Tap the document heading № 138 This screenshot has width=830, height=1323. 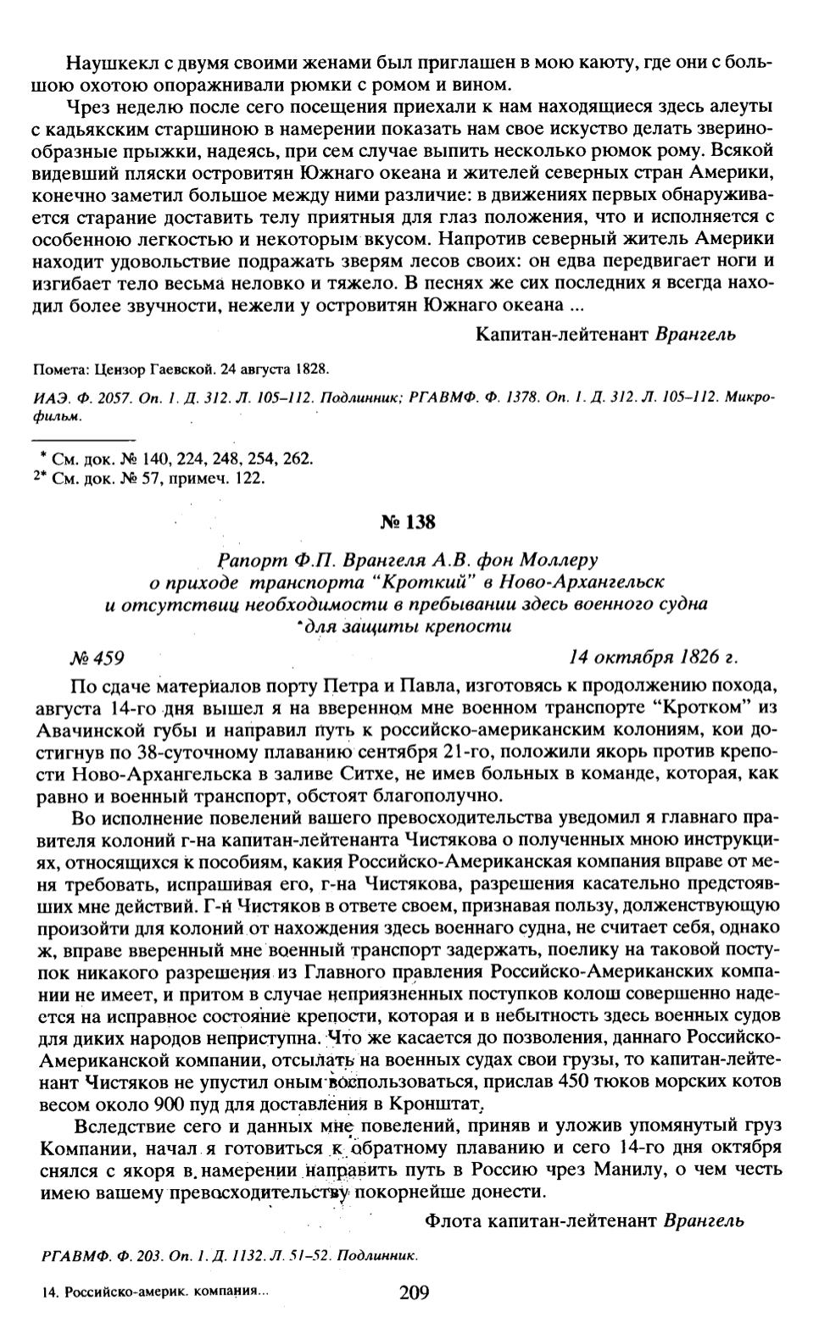408,521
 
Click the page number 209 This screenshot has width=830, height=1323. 414,1292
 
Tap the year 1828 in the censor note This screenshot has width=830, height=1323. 311,370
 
